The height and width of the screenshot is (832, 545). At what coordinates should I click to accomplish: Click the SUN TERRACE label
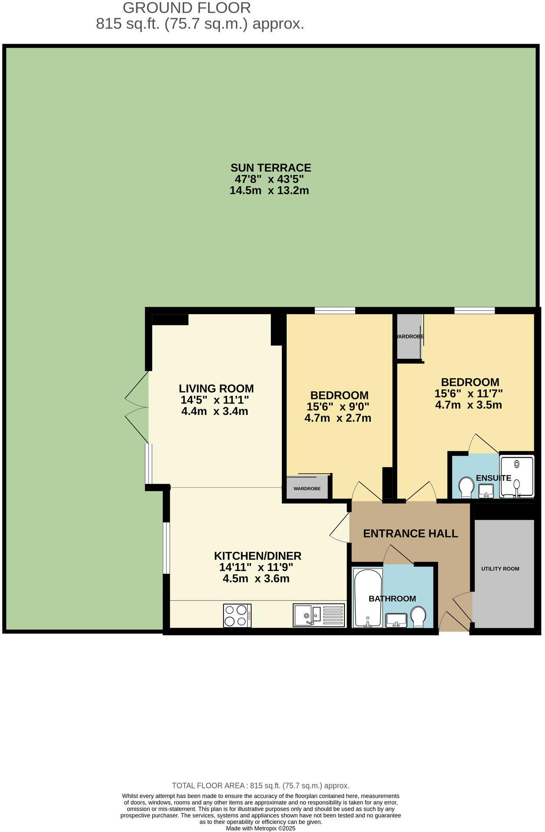270,168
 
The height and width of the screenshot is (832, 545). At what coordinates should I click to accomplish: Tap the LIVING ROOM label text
216,388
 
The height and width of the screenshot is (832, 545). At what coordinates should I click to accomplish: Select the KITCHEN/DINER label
258,556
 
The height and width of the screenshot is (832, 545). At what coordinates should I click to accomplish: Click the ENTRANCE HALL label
410,534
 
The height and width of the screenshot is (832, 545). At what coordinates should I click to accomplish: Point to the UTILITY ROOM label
500,569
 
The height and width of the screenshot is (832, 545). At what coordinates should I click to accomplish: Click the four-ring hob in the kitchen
237,616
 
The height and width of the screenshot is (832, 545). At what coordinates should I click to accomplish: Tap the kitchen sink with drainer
319,615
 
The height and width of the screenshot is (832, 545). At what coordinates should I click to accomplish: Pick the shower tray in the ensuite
516,476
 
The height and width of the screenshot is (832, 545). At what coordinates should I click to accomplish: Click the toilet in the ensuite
466,487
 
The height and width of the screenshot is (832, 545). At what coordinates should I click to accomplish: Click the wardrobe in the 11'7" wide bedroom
409,337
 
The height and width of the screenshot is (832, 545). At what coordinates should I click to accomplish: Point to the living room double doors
137,407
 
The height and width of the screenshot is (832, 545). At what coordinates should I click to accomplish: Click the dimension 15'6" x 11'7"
469,394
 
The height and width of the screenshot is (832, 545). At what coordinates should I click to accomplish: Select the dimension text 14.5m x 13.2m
269,190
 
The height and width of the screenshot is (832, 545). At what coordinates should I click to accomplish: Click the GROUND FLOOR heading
187,8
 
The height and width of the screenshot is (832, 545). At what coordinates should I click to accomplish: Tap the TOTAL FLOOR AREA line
261,786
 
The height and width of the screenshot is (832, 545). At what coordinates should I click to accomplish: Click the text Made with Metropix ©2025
261,828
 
